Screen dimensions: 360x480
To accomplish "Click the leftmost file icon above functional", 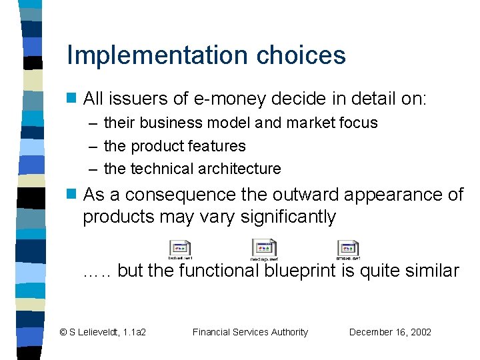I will (x=179, y=249).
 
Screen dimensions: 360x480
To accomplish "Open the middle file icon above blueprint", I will (x=264, y=249).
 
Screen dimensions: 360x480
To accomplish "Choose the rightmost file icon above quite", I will (x=347, y=249).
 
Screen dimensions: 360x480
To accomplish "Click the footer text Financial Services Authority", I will (x=250, y=332).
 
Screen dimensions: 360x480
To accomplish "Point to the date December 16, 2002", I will (x=390, y=332).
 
